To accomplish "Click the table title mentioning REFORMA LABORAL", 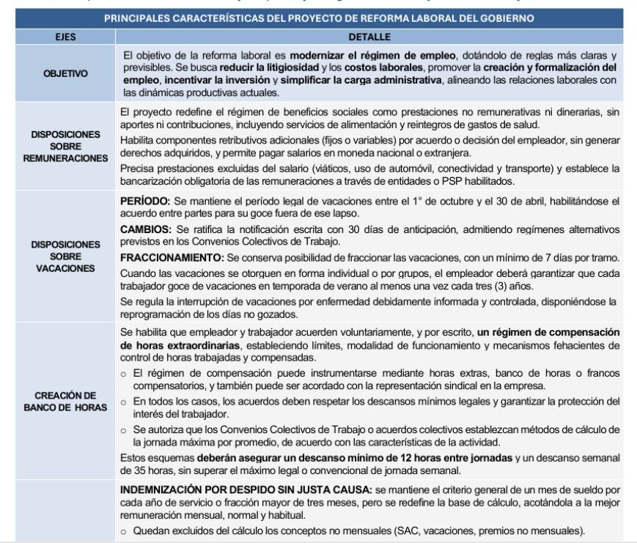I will point(319,18).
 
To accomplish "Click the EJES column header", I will point(65,36).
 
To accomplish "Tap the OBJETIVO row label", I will point(65,73).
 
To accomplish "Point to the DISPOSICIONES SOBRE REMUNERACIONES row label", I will point(65,147).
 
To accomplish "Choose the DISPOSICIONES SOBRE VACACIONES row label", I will point(65,256).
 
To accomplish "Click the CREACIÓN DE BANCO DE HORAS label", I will point(65,401).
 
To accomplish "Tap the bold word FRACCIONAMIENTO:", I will point(172,258).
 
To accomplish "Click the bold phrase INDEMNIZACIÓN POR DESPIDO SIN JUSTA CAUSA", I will point(246,489).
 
